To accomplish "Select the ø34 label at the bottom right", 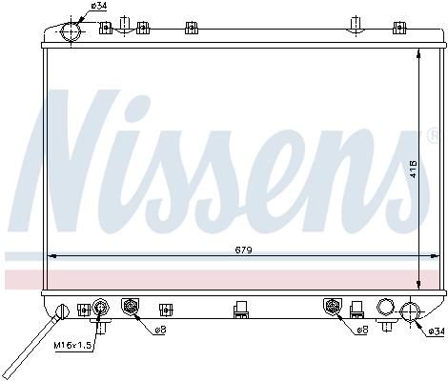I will point(435,331).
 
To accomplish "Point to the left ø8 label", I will point(160,331).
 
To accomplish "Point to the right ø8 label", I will point(362,331).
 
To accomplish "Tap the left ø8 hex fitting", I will point(132,307).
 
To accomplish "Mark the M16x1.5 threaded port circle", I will point(101,307).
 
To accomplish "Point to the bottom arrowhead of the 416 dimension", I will point(420,287).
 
